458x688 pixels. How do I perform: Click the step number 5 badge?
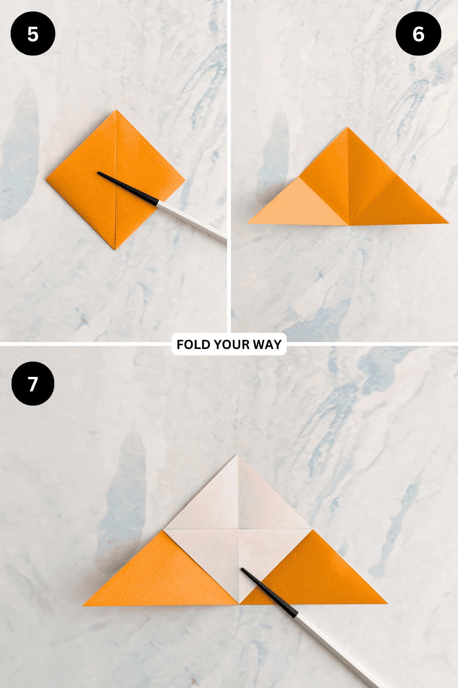coord(33,34)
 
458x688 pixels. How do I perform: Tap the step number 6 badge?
coord(418,34)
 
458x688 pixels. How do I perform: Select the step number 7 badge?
coord(33,384)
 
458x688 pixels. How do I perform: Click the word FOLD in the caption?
coord(194,344)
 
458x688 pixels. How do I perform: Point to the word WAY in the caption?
coord(267,344)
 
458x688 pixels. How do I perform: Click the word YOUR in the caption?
coord(232,344)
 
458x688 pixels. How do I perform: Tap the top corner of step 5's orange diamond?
coord(116,110)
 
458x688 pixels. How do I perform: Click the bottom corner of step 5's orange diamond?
coord(115,250)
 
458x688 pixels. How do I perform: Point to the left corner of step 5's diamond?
coord(46,178)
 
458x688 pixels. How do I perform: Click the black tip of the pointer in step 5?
coord(99,173)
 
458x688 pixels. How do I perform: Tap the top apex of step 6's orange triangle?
coord(347,127)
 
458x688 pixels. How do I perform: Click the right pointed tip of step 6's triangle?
coord(448,223)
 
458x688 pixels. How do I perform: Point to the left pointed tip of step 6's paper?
coord(248,222)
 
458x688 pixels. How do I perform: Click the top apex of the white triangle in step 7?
coord(237,455)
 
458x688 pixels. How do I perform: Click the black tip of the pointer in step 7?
coord(243,570)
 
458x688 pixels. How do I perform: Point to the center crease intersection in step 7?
coord(239,529)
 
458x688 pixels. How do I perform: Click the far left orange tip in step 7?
coord(84,605)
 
